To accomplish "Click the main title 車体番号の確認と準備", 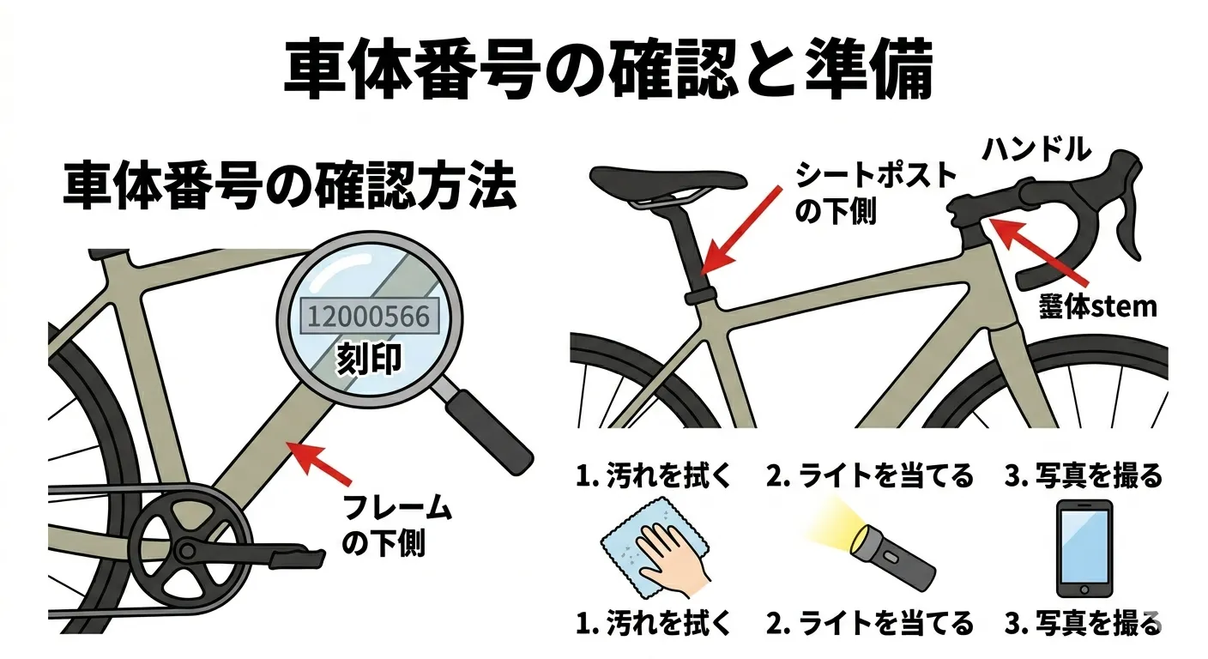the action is (609, 69).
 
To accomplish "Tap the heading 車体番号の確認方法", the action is (290, 185).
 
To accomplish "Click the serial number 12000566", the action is (369, 317).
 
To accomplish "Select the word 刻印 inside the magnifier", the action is (370, 359).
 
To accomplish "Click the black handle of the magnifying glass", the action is (489, 432).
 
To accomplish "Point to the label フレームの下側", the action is (396, 525).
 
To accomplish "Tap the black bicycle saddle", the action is (668, 182).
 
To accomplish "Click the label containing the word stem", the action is (1098, 308).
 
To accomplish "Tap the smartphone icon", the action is (1084, 548).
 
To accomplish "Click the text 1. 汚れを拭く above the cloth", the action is (654, 475).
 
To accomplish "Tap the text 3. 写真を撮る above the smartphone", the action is (1084, 475).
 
